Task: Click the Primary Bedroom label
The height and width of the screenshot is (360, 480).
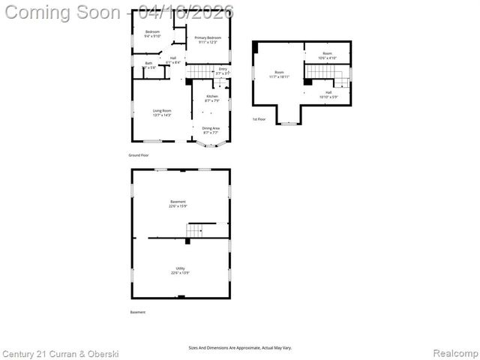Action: [207, 40]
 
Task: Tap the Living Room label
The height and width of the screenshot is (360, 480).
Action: [162, 113]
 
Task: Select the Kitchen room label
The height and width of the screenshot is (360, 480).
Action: [212, 98]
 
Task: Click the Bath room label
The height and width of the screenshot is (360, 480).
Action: [148, 65]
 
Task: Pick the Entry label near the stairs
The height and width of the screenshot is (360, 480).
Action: [222, 71]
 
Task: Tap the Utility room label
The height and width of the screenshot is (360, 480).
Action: [180, 270]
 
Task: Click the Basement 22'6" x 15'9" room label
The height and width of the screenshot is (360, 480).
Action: [178, 203]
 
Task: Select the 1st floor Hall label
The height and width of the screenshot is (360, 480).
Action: [328, 94]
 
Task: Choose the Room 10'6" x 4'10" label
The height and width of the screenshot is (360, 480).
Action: [327, 55]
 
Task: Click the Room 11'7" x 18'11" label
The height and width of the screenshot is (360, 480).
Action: [279, 74]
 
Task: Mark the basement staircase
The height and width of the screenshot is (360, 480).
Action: [195, 229]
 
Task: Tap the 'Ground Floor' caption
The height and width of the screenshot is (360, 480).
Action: [139, 155]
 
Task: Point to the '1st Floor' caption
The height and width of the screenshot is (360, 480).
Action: [259, 119]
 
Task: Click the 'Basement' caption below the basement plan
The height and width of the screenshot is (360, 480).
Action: [138, 312]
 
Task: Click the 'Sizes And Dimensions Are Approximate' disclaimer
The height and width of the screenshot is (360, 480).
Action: [239, 347]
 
